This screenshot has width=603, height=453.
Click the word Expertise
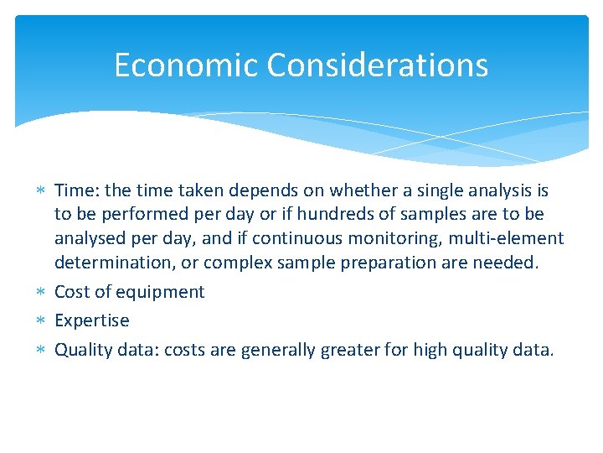(x=92, y=320)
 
